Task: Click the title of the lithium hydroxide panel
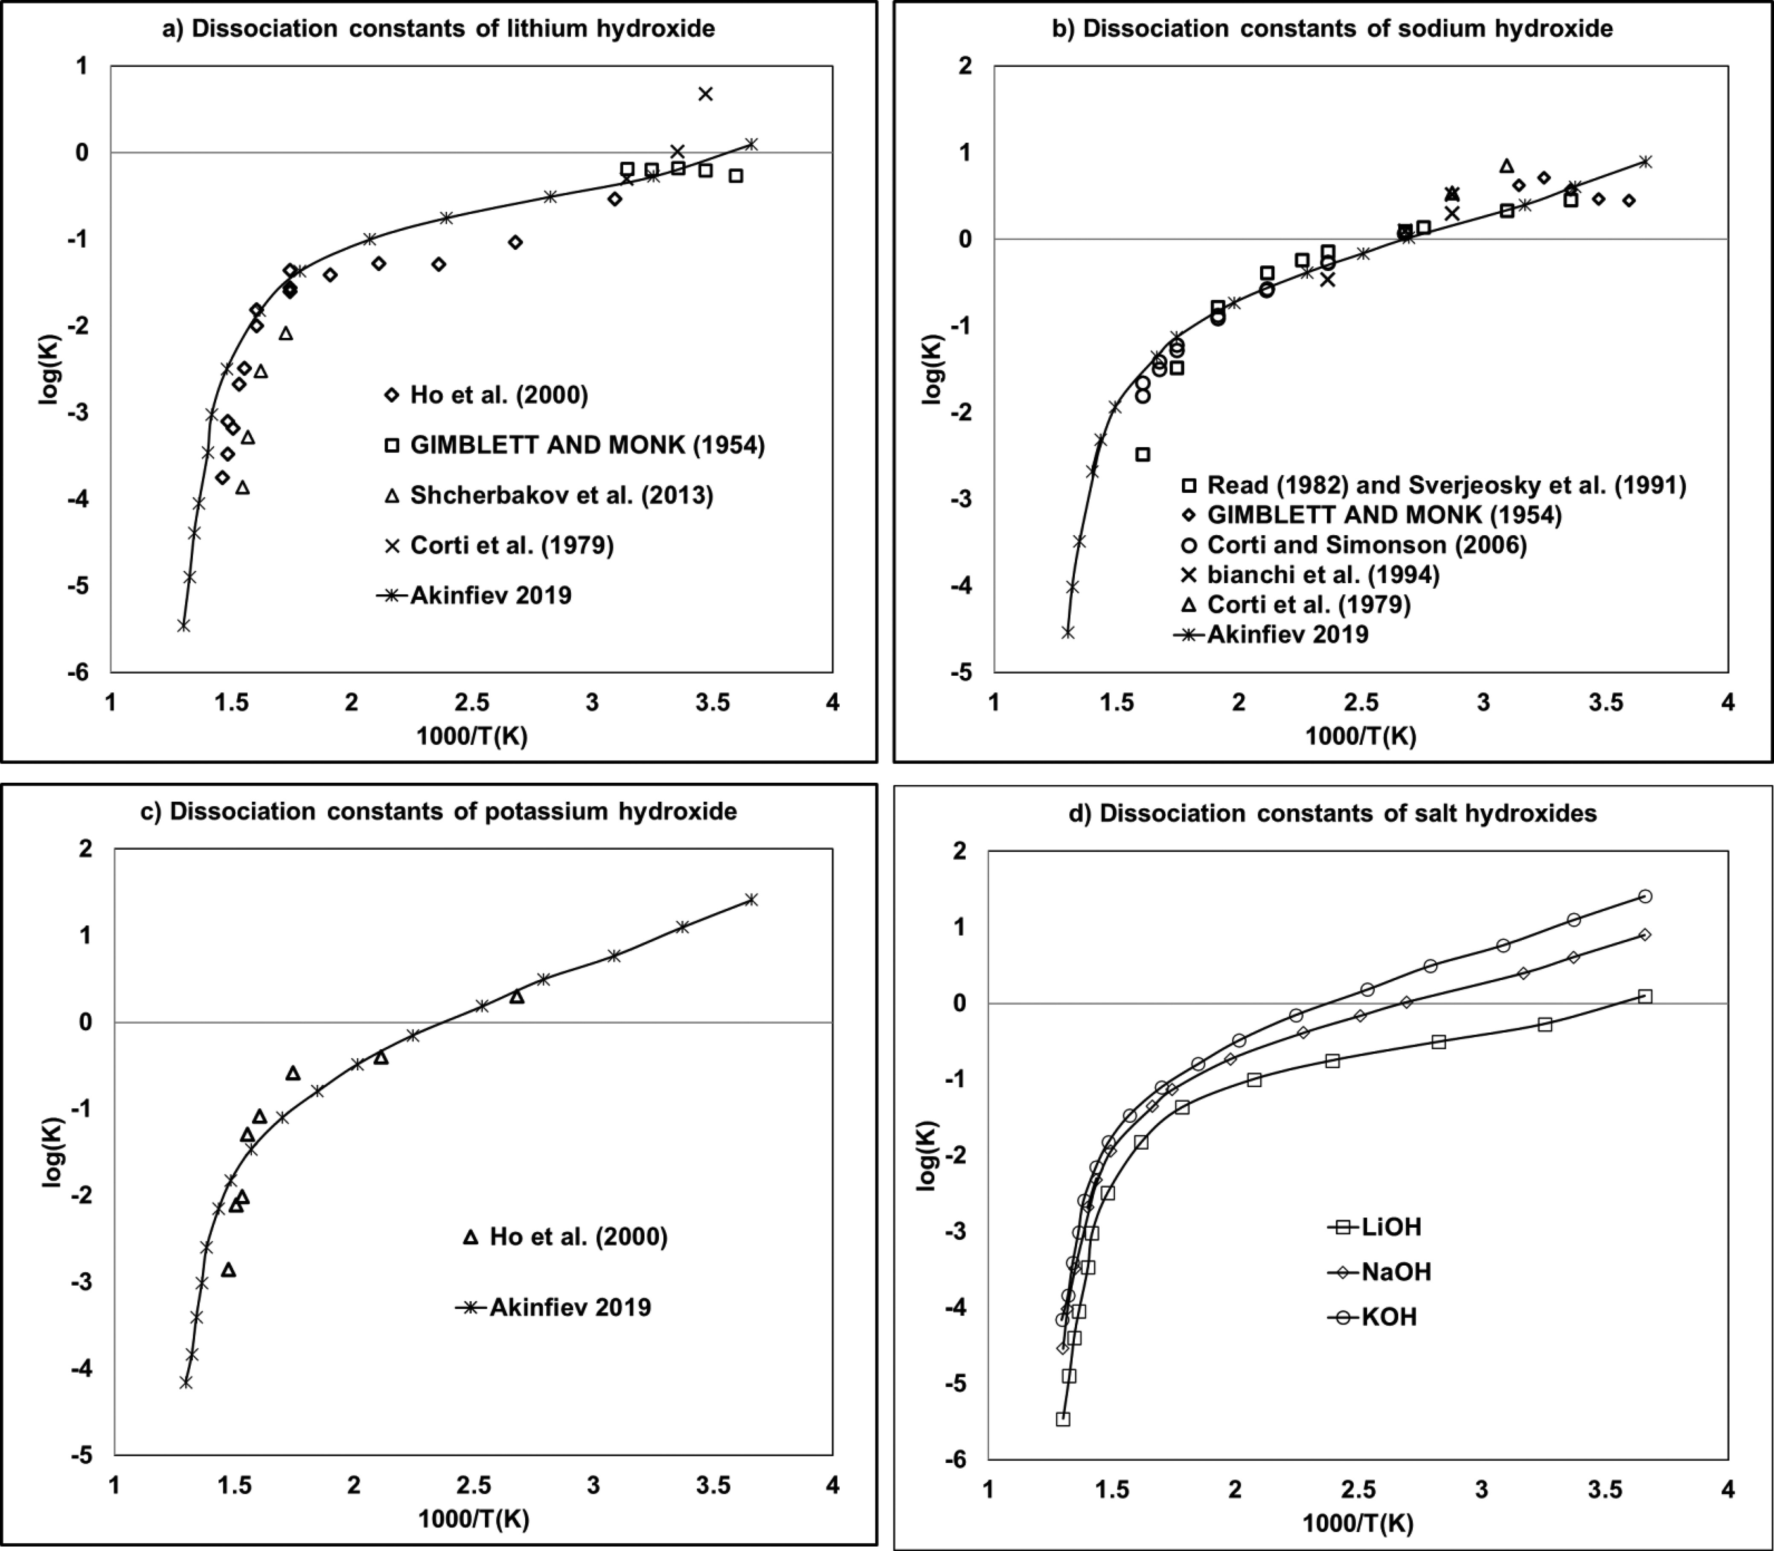[x=439, y=29]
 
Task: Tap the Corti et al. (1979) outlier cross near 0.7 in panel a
[x=706, y=93]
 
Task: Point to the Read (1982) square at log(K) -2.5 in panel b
[x=1143, y=454]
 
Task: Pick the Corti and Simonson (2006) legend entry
[x=1366, y=544]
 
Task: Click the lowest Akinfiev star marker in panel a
[x=183, y=625]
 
